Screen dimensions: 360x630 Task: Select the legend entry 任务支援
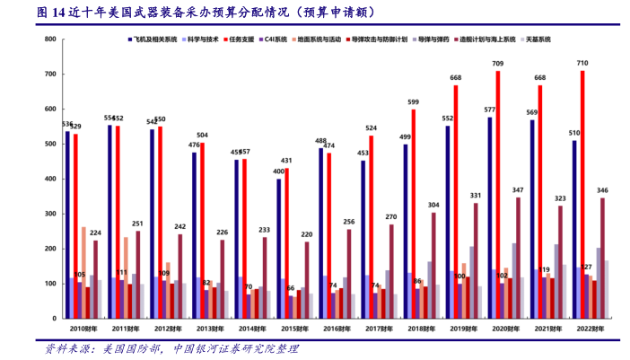(241, 40)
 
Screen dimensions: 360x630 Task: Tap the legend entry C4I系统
(274, 40)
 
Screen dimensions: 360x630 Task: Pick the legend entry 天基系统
(538, 40)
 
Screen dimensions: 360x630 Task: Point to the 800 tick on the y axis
(50, 40)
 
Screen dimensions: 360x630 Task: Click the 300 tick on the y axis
(50, 214)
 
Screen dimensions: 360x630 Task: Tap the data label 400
(278, 171)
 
